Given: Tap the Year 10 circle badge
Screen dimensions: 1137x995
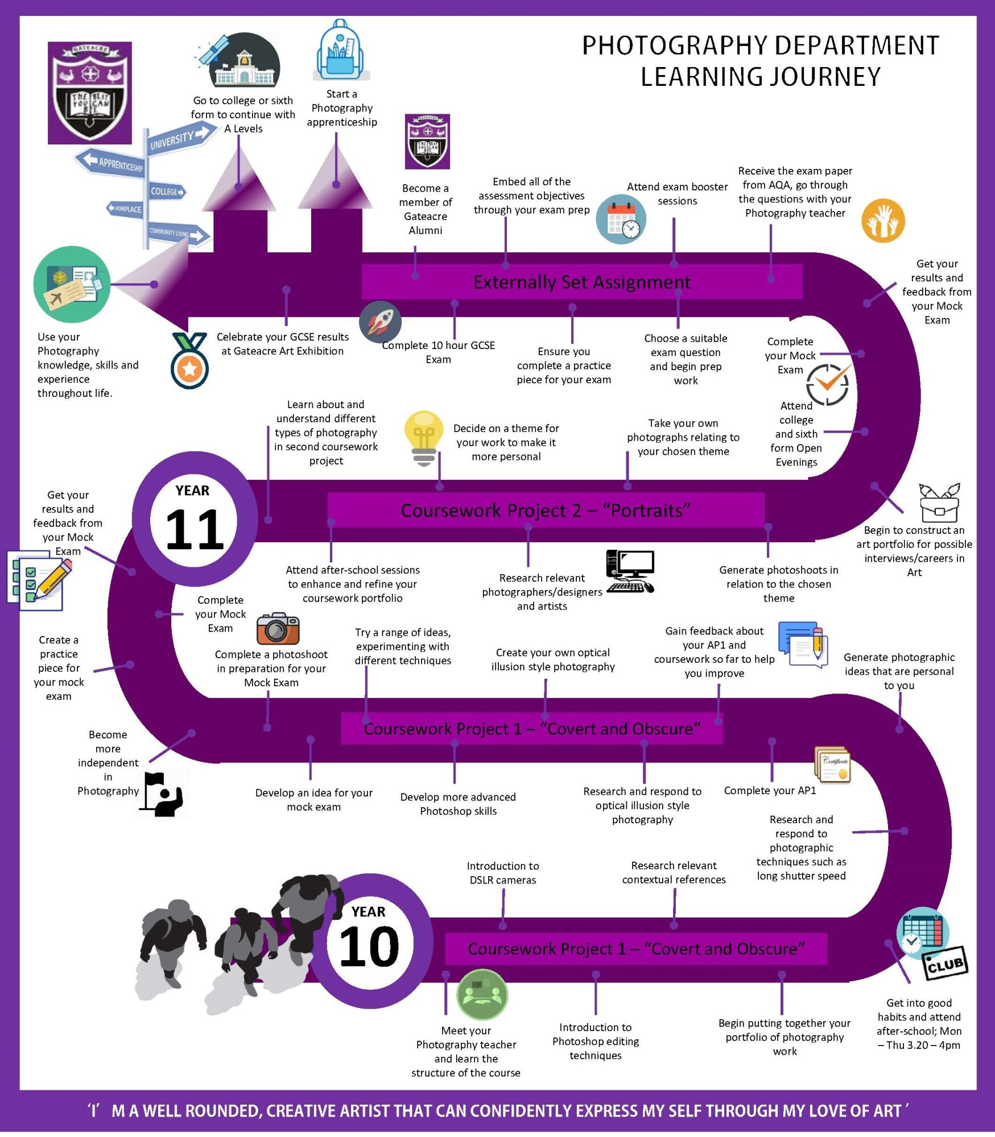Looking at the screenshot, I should pos(370,941).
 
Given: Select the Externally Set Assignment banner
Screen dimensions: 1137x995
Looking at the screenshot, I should pos(581,282).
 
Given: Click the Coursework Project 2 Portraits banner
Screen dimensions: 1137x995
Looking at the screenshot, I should pos(545,510).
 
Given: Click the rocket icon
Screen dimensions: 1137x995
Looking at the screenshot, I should pos(380,322).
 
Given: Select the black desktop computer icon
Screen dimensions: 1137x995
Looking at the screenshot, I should pos(630,571).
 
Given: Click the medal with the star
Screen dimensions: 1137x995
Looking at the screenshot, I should pos(189,362).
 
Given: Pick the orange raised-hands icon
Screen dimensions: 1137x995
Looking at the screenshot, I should pos(882,221).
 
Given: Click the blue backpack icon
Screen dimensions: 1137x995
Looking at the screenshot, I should pos(341,51).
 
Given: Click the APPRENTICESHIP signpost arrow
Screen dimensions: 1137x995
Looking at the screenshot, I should pos(112,163).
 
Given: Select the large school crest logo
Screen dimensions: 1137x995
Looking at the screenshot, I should pos(90,93).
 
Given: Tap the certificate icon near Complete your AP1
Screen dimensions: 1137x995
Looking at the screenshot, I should pos(833,764).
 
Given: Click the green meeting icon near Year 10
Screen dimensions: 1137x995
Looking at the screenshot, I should pos(482,994).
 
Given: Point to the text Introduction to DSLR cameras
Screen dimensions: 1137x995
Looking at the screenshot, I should pos(502,873).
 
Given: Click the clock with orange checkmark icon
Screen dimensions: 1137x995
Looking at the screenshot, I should pos(828,384).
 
